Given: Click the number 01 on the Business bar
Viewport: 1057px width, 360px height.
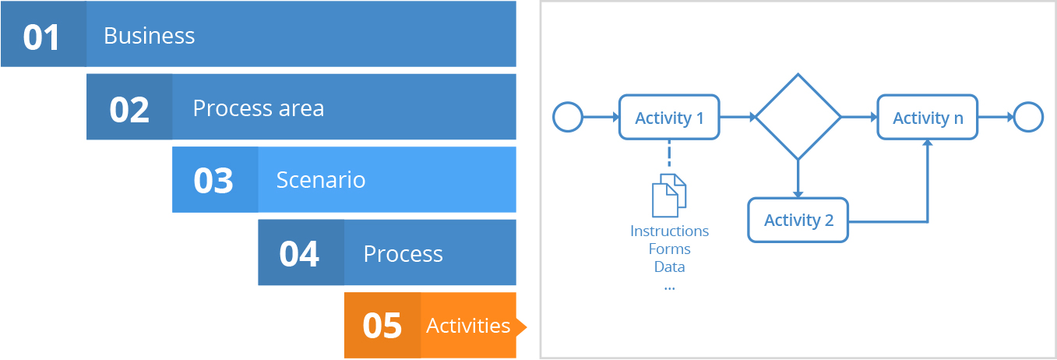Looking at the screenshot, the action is [x=41, y=37].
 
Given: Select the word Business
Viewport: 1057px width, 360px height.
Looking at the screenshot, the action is [x=149, y=36].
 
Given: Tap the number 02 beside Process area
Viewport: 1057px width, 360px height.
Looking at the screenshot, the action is [x=129, y=110].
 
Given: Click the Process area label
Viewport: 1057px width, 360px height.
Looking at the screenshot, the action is [x=259, y=108].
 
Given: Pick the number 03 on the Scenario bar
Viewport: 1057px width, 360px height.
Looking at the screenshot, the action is [x=213, y=181].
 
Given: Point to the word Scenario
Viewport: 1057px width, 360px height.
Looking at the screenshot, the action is [x=321, y=180].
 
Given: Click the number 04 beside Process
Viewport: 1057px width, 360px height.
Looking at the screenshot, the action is [x=299, y=254].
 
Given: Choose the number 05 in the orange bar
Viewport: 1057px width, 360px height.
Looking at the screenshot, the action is [x=382, y=326].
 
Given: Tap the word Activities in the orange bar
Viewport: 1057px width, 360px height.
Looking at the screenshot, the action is [x=468, y=326].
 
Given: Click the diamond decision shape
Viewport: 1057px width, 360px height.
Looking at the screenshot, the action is [x=798, y=74].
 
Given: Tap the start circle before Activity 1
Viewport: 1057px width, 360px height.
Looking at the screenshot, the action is [x=568, y=102].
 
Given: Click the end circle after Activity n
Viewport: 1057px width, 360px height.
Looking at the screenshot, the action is [x=1028, y=102].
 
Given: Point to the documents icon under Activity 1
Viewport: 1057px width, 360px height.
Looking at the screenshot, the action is [x=669, y=196].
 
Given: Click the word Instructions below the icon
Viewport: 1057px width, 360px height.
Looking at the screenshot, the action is [x=669, y=231].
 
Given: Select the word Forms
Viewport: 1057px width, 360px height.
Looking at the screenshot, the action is [x=669, y=249].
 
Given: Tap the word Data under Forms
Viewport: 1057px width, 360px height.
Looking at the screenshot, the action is [x=669, y=267].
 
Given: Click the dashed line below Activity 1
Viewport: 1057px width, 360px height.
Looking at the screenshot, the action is [x=669, y=154].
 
